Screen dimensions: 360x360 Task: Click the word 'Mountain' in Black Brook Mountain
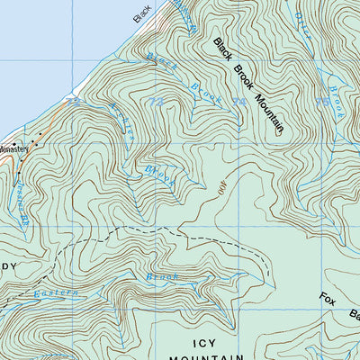[267, 113]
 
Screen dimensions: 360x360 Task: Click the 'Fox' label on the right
[328, 300]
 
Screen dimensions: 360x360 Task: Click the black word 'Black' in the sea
[142, 13]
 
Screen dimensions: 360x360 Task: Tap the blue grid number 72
[74, 103]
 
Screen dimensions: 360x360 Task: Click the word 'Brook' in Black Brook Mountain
[243, 79]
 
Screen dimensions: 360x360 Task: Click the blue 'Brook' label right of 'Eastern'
[164, 278]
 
